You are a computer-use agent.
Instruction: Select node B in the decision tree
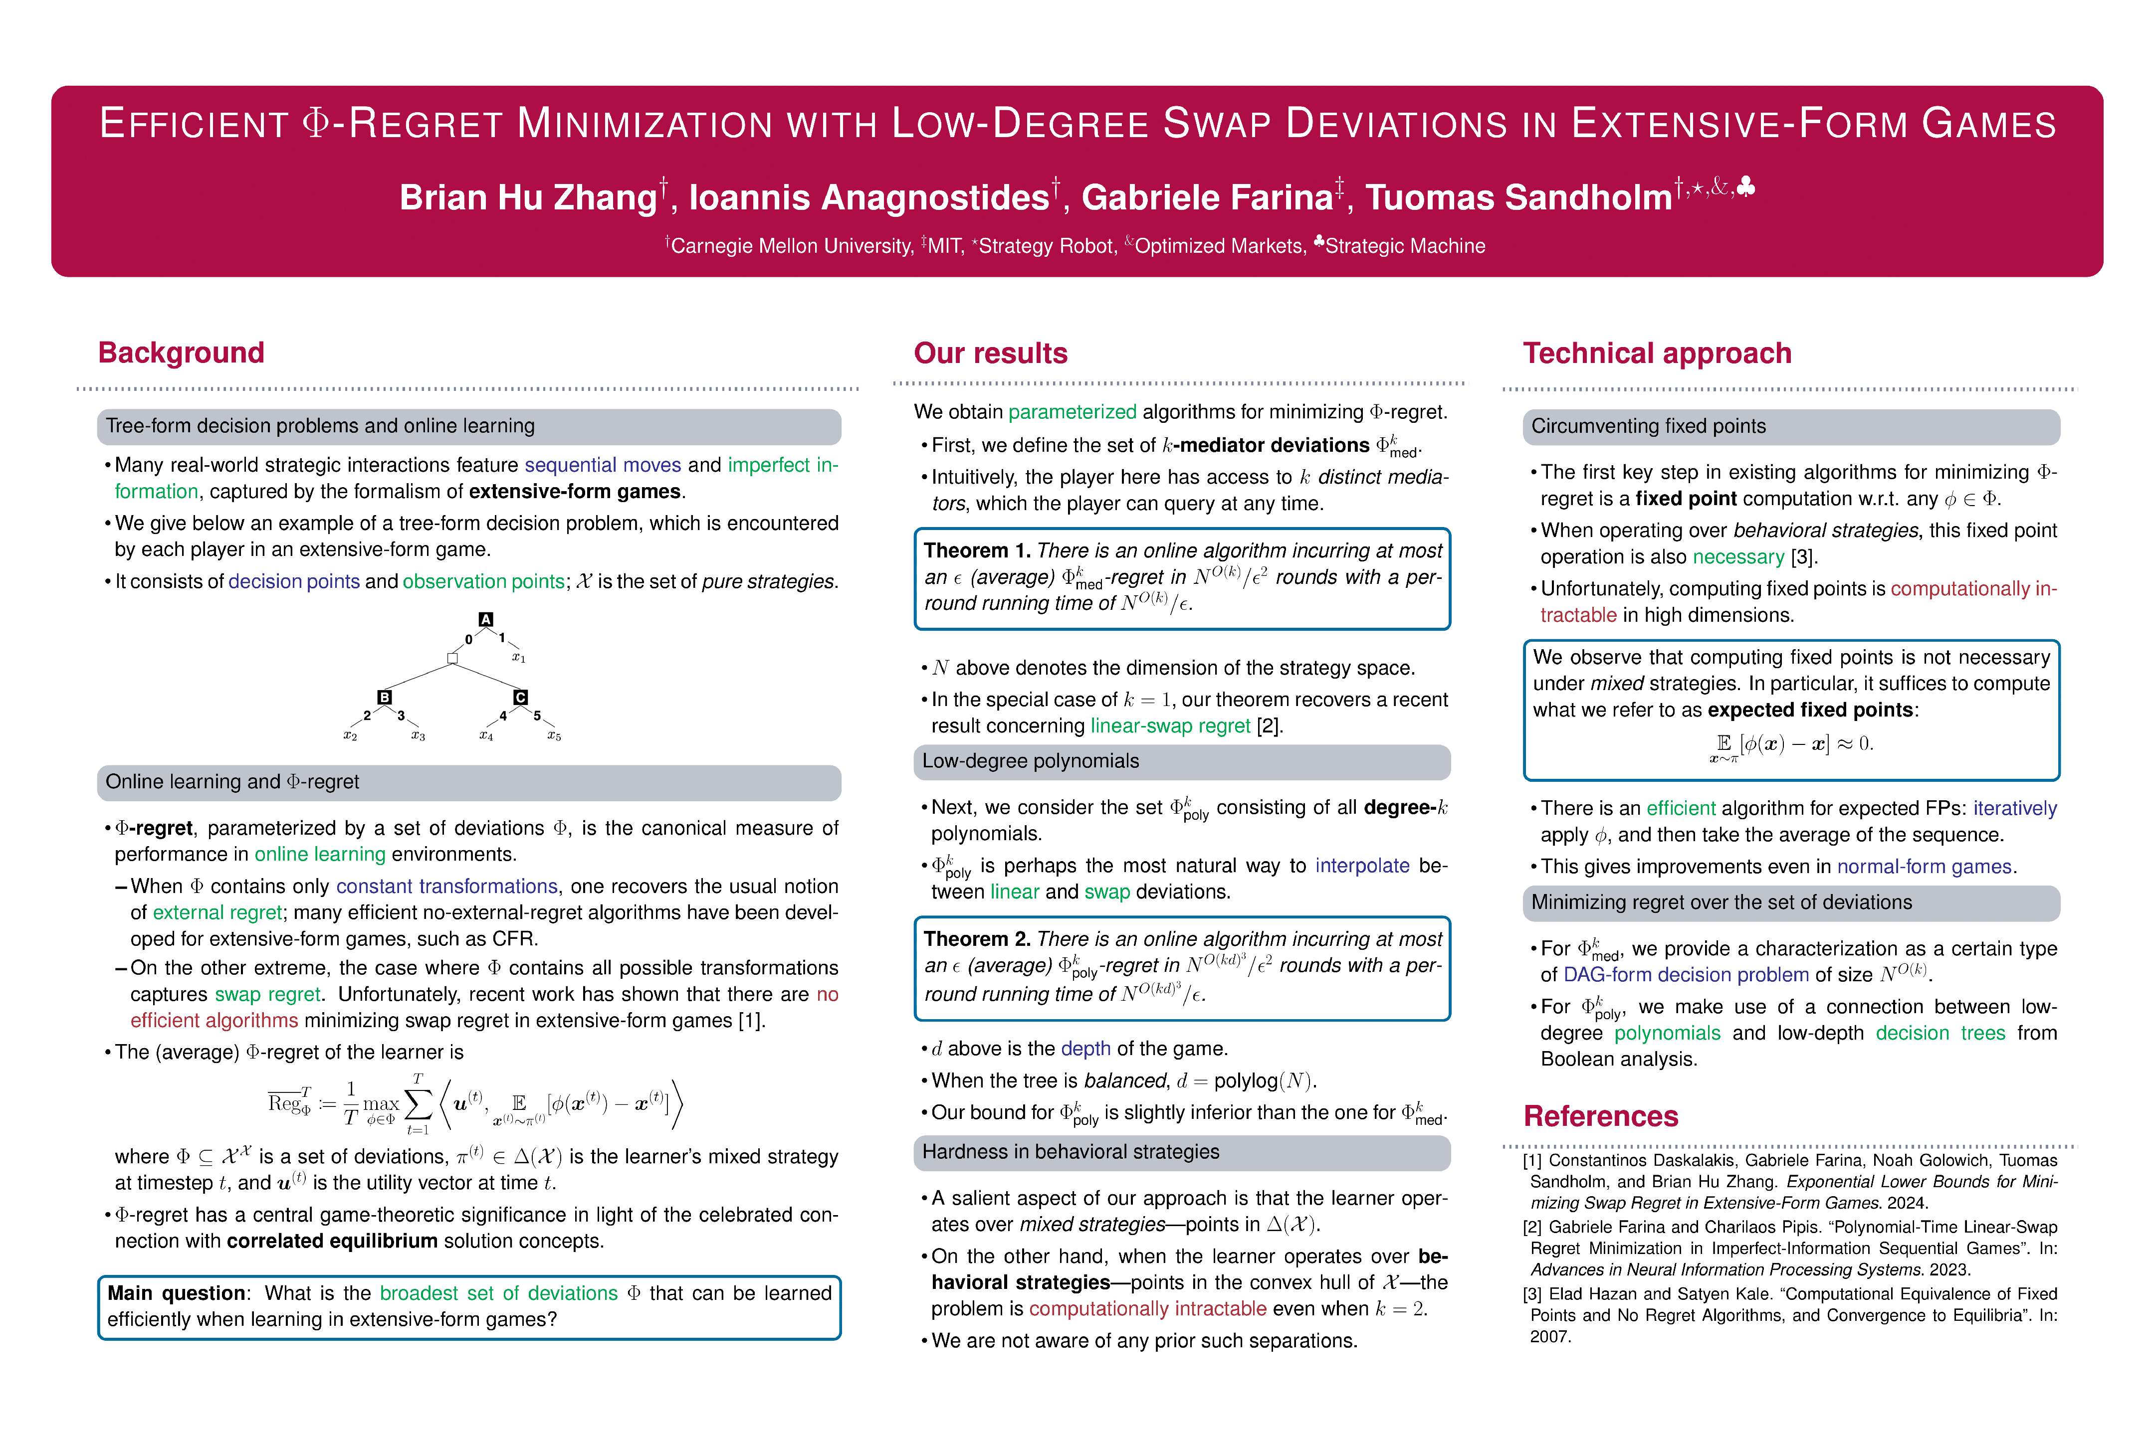385,697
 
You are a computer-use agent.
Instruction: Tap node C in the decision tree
520,697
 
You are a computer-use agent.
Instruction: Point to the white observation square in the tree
452,658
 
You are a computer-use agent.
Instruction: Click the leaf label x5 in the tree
553,735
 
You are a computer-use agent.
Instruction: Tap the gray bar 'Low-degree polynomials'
1181,761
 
